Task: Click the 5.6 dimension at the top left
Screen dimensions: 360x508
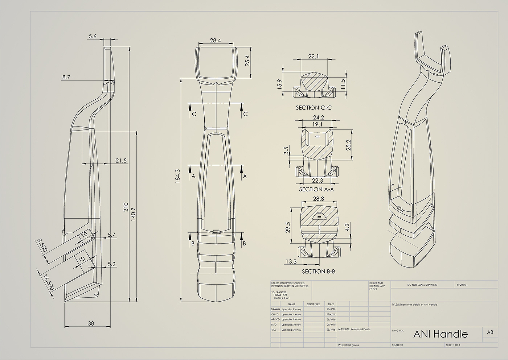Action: pos(93,36)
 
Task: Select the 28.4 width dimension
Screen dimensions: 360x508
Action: pos(215,40)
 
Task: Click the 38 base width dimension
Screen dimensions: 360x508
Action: pos(91,323)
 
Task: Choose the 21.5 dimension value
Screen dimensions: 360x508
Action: pos(121,161)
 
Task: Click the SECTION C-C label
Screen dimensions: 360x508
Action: pos(314,108)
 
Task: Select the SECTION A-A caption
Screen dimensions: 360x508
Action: pos(316,189)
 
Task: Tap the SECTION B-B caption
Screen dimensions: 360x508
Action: pos(318,271)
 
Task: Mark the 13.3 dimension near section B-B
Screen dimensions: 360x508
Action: pos(291,261)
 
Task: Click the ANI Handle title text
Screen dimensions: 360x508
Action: pos(441,334)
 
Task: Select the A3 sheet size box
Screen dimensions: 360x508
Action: pos(490,332)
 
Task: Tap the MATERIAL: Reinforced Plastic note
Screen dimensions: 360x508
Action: pos(354,329)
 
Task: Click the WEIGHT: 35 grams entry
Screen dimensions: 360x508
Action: pos(348,345)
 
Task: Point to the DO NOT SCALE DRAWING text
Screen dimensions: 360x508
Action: pos(422,285)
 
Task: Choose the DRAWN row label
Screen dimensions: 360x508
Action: pos(275,309)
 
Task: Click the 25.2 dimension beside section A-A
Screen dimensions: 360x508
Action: pos(349,145)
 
